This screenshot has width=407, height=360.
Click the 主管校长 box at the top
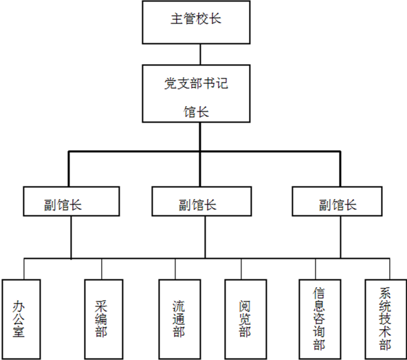[x=196, y=22]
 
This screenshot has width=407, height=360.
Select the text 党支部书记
[x=196, y=83]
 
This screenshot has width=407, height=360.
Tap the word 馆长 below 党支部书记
[x=196, y=112]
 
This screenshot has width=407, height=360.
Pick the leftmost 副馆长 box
[x=71, y=201]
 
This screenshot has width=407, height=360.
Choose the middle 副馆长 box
[x=201, y=201]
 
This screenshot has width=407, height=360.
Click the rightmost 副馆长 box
[x=337, y=201]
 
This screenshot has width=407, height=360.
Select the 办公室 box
[x=21, y=319]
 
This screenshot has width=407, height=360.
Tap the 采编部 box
[x=104, y=319]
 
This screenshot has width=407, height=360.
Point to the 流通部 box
[x=180, y=319]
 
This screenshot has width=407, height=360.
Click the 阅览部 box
[x=246, y=319]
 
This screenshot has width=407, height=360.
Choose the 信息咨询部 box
[x=320, y=319]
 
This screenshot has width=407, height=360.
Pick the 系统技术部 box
[x=386, y=319]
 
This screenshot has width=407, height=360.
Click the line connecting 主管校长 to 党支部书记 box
[x=200, y=54]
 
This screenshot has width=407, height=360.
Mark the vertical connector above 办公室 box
[x=24, y=269]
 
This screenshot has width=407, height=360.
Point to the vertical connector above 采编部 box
[x=102, y=269]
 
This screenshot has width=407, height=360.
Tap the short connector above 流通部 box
[x=175, y=269]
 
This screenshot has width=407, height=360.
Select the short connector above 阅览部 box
[x=241, y=269]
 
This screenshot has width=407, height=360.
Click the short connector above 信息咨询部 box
[x=316, y=269]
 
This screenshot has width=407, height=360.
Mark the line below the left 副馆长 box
[x=71, y=237]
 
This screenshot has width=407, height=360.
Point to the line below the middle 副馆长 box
[x=205, y=237]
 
